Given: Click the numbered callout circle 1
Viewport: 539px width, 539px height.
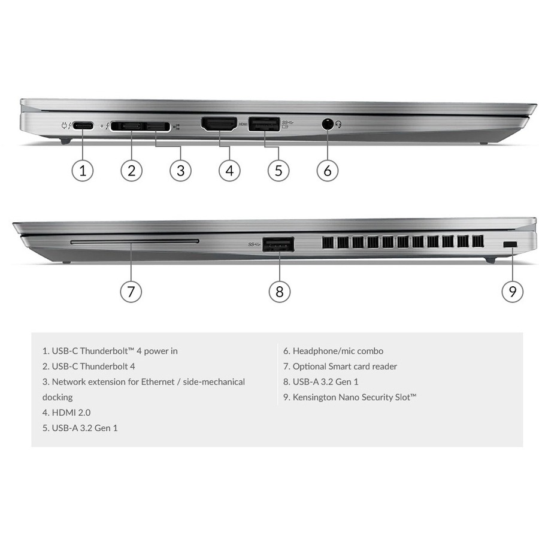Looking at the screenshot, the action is (83, 171).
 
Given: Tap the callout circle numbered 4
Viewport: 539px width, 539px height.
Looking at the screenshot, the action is (229, 171).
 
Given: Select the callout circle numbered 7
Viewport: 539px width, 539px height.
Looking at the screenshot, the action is (131, 292).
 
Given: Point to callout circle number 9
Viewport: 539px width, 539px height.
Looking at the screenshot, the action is (513, 292).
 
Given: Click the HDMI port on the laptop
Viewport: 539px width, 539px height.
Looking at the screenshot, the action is (219, 124).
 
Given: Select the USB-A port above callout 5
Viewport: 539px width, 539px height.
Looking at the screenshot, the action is (264, 124).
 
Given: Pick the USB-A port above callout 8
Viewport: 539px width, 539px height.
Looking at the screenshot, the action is (278, 244).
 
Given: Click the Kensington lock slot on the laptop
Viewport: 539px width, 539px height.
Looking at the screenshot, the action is (510, 244).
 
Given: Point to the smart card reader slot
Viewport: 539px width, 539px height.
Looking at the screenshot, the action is (135, 242).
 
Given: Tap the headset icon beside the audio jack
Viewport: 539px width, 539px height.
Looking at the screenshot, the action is (338, 124).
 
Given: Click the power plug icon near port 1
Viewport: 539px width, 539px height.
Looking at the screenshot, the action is (64, 126).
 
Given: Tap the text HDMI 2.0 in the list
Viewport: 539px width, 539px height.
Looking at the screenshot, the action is (71, 413).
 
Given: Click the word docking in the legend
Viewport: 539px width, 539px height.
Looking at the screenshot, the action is (57, 398).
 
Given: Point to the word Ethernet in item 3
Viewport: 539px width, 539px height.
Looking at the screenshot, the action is (158, 382).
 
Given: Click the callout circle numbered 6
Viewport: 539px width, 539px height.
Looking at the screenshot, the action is (328, 171).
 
